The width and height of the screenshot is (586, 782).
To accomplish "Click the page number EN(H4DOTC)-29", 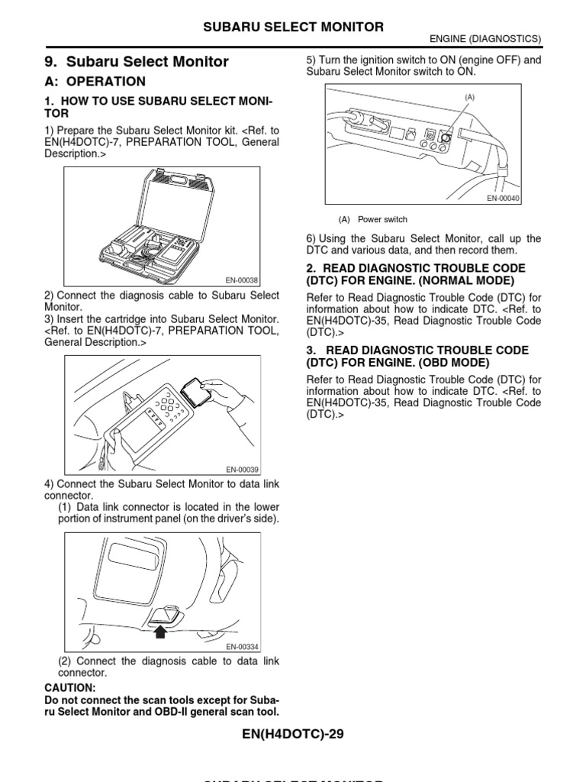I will pyautogui.click(x=292, y=735).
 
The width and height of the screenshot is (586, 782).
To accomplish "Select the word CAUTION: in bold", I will pyautogui.click(x=70, y=687).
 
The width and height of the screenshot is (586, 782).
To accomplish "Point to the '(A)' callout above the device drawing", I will pyautogui.click(x=469, y=97).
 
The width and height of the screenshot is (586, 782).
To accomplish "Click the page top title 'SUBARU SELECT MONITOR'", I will pyautogui.click(x=292, y=27).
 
